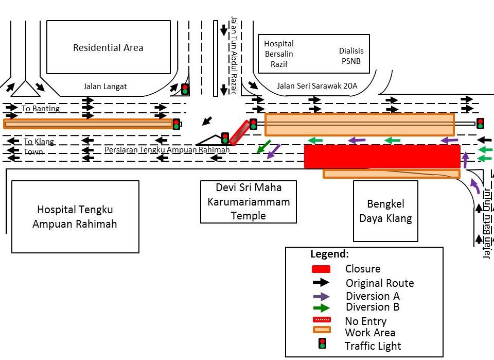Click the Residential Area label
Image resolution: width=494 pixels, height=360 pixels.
pyautogui.click(x=108, y=48)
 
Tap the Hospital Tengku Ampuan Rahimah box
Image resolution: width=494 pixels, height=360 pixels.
pyautogui.click(x=75, y=217)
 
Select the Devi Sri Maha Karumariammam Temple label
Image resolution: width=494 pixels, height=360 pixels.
pyautogui.click(x=249, y=201)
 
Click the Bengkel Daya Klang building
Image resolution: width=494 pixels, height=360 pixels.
pyautogui.click(x=385, y=211)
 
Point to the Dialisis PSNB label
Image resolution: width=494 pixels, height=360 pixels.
pyautogui.click(x=351, y=56)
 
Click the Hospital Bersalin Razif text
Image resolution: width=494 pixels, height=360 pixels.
pyautogui.click(x=278, y=54)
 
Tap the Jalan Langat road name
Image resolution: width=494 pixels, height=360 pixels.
pyautogui.click(x=105, y=87)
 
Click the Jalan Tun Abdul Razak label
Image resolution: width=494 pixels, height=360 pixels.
pyautogui.click(x=234, y=54)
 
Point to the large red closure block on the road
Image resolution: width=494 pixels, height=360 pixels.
pyautogui.click(x=382, y=157)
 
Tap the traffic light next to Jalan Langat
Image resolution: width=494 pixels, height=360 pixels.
pyautogui.click(x=185, y=89)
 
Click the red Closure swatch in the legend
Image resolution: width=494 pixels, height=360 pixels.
pyautogui.click(x=321, y=269)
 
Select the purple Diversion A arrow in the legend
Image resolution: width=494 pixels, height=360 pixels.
pyautogui.click(x=321, y=296)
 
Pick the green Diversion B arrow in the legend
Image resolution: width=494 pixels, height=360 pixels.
pyautogui.click(x=321, y=308)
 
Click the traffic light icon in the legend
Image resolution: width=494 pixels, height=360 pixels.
pyautogui.click(x=322, y=344)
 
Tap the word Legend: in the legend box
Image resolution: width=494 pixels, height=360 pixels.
pyautogui.click(x=329, y=254)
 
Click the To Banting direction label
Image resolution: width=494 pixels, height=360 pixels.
pyautogui.click(x=41, y=109)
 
